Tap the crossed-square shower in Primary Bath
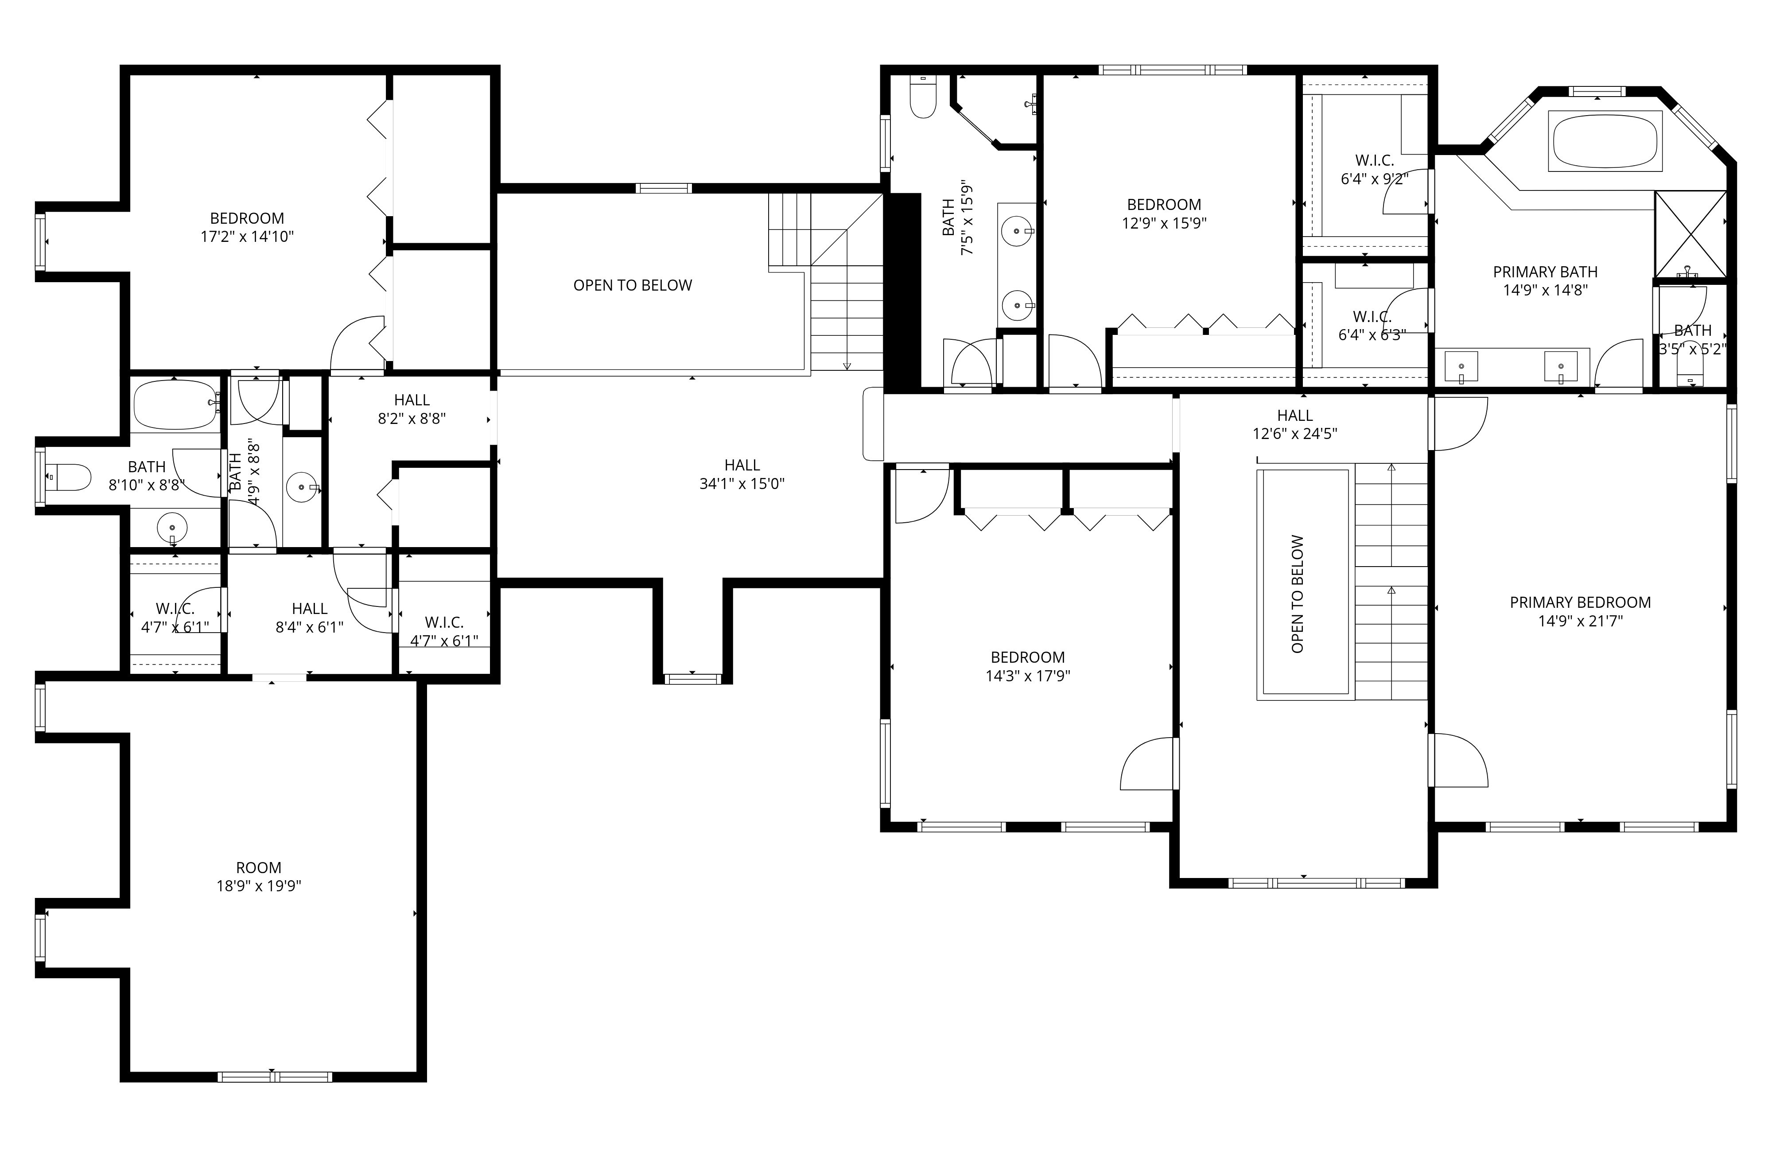(x=1690, y=234)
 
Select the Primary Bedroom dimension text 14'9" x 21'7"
(x=1580, y=621)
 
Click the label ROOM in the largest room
(x=258, y=867)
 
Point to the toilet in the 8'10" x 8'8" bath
(x=67, y=476)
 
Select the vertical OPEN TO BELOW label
(x=1298, y=594)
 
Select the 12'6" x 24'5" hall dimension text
(x=1295, y=434)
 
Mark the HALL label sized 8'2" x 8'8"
(x=412, y=400)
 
